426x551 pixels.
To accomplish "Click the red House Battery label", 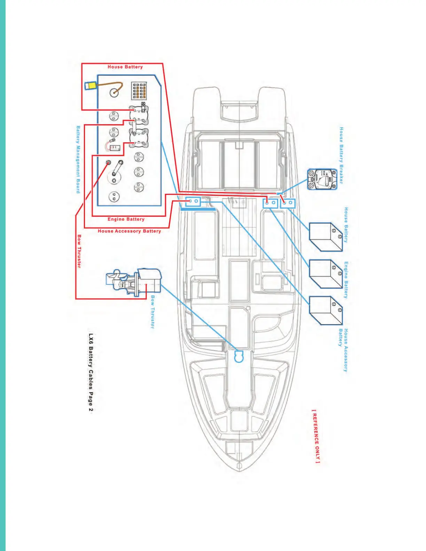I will pyautogui.click(x=125, y=67).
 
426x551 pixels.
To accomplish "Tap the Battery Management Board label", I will pyautogui.click(x=78, y=159).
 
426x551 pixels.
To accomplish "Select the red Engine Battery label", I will pyautogui.click(x=126, y=219).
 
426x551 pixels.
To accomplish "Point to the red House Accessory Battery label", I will pyautogui.click(x=129, y=231).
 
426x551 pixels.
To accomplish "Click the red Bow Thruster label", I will pyautogui.click(x=79, y=251).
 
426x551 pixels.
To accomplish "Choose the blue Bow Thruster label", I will pyautogui.click(x=152, y=312).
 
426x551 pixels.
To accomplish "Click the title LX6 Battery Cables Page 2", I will pyautogui.click(x=90, y=373).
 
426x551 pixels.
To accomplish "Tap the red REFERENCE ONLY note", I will pyautogui.click(x=316, y=436).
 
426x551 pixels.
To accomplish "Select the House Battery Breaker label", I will pyautogui.click(x=341, y=155).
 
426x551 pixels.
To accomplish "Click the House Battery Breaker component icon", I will pyautogui.click(x=322, y=179).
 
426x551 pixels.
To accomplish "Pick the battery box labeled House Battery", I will pyautogui.click(x=326, y=237).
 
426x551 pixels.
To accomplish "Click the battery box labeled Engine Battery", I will pyautogui.click(x=326, y=274).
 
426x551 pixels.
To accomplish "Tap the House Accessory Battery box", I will pyautogui.click(x=326, y=310).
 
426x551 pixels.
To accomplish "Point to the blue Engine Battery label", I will pyautogui.click(x=346, y=280).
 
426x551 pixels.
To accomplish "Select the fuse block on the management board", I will pyautogui.click(x=139, y=91).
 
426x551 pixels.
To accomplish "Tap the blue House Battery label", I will pyautogui.click(x=346, y=225).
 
